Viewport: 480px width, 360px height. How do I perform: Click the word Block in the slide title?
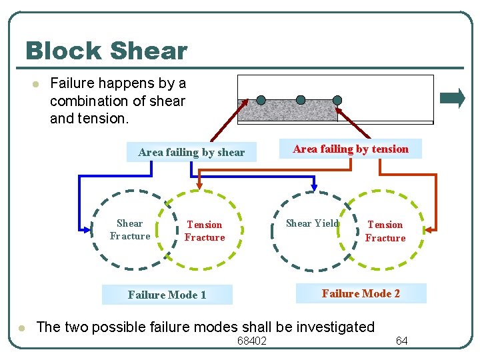tap(63, 51)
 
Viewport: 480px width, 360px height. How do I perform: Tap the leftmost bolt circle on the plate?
tap(261, 100)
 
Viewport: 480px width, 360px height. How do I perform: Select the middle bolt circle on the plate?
tap(301, 100)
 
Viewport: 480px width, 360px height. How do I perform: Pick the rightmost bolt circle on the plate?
tap(337, 100)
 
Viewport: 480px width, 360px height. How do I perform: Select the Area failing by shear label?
tap(191, 152)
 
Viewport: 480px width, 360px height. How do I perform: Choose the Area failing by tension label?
tap(351, 149)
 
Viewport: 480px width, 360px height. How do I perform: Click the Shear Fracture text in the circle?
tap(129, 229)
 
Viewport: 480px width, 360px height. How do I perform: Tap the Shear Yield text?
tap(312, 223)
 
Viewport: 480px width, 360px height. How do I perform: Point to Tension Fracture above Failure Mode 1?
tap(205, 231)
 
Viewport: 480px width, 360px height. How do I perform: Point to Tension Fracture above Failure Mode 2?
tap(385, 231)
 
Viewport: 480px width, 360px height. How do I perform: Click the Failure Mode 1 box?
tap(167, 295)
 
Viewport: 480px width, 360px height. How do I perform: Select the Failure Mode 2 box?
tap(361, 293)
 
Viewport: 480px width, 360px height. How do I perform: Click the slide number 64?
tap(401, 341)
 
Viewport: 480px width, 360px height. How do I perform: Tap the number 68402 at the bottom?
tap(251, 341)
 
